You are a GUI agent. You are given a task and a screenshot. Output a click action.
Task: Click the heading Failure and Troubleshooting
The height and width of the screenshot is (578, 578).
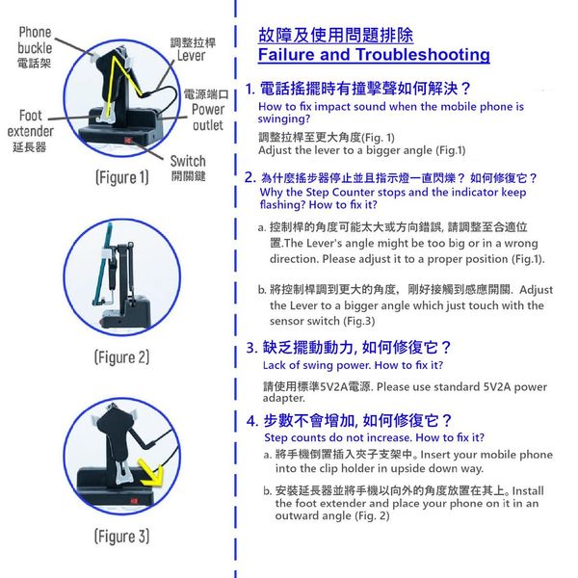point(374,55)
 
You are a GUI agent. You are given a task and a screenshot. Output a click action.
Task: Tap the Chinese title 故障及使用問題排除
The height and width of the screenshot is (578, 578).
point(335,35)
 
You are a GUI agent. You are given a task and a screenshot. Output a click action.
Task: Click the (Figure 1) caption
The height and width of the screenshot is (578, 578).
point(122,177)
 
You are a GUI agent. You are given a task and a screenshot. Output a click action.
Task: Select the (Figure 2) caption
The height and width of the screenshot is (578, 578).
point(122,357)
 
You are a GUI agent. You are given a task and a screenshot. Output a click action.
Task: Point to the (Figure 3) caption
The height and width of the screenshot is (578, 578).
point(122,537)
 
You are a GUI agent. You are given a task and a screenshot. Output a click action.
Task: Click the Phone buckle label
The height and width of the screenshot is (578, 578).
point(35,39)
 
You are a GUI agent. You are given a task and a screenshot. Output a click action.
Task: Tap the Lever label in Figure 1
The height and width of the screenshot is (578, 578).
point(191,56)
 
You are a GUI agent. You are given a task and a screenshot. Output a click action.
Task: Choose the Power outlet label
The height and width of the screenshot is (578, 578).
point(208,118)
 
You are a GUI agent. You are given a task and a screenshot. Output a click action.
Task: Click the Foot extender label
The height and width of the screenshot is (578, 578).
point(31,123)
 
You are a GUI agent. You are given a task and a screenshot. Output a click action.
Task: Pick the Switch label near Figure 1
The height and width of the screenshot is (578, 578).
point(188,161)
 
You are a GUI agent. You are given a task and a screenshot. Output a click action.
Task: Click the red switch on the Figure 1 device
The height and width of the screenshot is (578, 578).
point(128,141)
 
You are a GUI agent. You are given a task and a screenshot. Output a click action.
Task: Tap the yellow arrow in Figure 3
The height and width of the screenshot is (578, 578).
point(151,473)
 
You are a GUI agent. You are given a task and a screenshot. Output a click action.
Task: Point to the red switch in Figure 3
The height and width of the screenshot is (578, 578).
point(134,501)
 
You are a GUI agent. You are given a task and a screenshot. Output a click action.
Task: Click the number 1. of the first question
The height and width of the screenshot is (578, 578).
point(250,89)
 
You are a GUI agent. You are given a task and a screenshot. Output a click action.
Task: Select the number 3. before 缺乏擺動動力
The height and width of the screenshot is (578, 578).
point(251,348)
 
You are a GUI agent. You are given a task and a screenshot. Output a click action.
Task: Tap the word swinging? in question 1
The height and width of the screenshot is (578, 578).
point(284,119)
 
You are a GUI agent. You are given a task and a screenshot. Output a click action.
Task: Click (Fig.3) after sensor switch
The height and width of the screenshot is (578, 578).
point(359,321)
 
